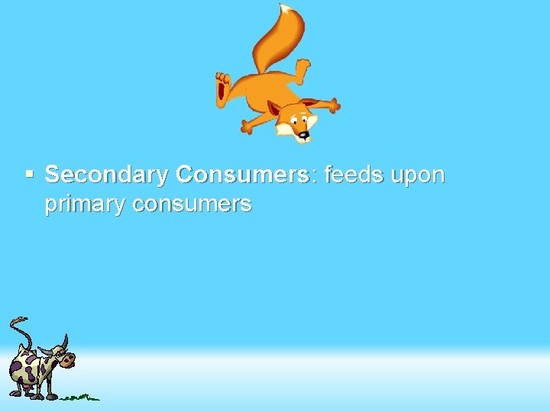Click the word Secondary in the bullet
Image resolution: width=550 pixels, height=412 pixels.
(x=106, y=175)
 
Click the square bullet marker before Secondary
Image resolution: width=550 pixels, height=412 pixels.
(x=30, y=174)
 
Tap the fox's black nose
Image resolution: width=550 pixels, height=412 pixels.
(x=303, y=136)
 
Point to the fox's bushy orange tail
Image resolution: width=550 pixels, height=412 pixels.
(x=275, y=42)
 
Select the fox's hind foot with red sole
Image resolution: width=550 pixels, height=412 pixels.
(x=222, y=88)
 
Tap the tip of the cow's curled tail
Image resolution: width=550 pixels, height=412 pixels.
(x=23, y=320)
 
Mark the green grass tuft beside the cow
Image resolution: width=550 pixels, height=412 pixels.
(x=80, y=397)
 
